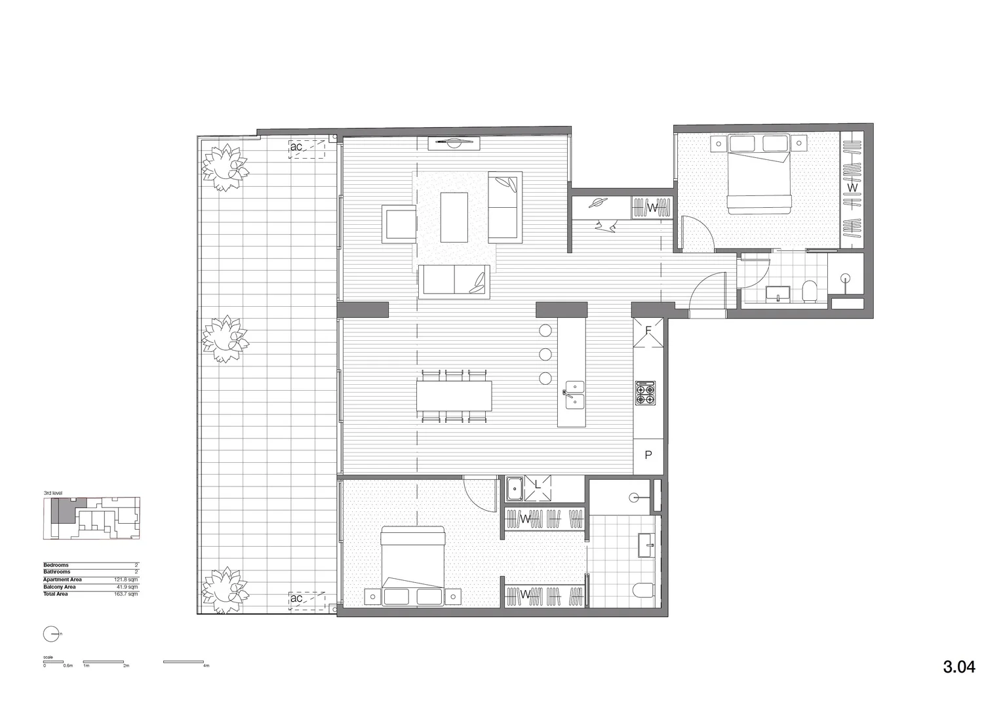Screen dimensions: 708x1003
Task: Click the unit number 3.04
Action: (x=959, y=667)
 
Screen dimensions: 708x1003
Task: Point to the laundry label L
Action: (x=538, y=485)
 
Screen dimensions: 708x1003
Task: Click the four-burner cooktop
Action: (x=644, y=393)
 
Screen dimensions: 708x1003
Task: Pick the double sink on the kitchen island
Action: (x=572, y=393)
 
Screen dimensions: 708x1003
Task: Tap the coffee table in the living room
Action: (x=454, y=217)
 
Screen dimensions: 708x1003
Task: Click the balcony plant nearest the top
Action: (x=224, y=168)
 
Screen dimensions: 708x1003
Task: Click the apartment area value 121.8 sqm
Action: (x=126, y=580)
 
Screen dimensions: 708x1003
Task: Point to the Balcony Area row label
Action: (x=60, y=587)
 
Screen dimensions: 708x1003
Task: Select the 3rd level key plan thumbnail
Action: (x=92, y=518)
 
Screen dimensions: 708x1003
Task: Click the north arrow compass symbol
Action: (x=51, y=634)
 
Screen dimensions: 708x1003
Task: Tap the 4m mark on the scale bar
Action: (x=205, y=665)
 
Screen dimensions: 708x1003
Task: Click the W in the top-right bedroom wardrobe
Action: (x=852, y=187)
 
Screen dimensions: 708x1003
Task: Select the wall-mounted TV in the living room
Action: (x=454, y=142)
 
